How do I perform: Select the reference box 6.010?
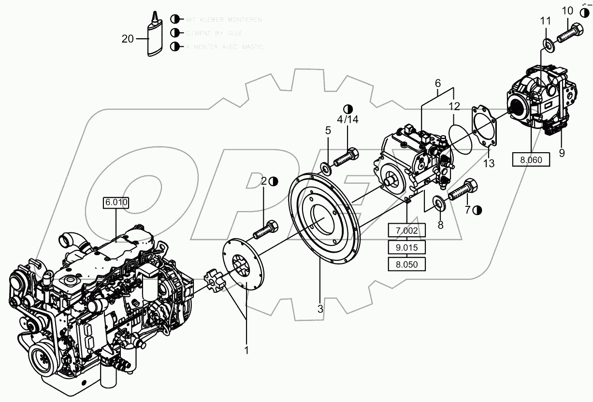[116, 203]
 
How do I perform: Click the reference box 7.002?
[406, 231]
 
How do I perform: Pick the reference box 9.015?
[406, 248]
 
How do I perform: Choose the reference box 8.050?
[406, 264]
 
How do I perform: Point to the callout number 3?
[320, 308]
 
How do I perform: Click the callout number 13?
[489, 164]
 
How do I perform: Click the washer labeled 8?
[439, 202]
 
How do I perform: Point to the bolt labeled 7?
[463, 191]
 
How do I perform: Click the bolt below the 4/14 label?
[346, 158]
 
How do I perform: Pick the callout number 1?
[246, 349]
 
